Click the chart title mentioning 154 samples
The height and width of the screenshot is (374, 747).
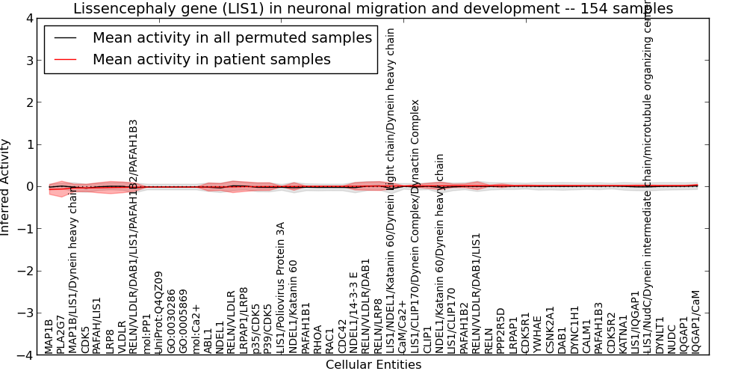click(373, 8)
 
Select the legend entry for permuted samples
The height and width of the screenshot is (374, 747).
click(232, 37)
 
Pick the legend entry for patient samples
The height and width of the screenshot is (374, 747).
click(211, 59)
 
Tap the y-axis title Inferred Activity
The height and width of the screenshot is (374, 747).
click(6, 187)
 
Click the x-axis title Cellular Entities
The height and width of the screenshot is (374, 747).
click(373, 365)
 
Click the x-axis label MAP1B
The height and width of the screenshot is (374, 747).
click(49, 335)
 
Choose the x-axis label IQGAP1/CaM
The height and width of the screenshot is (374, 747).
click(696, 322)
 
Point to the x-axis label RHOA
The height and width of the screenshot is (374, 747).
click(317, 338)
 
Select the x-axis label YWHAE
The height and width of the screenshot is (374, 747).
click(538, 334)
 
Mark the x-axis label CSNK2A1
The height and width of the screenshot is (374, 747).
click(551, 329)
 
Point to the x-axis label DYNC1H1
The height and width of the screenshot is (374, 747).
click(574, 329)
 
